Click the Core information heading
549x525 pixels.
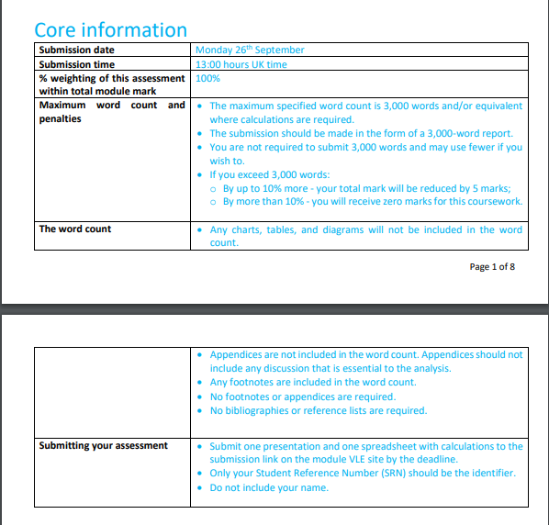click(110, 29)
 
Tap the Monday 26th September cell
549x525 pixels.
click(250, 50)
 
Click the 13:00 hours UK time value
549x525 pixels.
click(241, 64)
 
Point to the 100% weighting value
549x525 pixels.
click(208, 78)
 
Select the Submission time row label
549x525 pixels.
click(77, 64)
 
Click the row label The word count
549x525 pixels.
click(75, 229)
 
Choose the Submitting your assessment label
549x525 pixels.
click(104, 446)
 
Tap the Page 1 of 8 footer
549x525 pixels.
click(492, 267)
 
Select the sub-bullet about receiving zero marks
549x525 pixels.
click(372, 202)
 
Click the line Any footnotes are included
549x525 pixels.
click(312, 383)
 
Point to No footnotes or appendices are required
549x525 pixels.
click(302, 397)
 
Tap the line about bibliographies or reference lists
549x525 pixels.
click(318, 410)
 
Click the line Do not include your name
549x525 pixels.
click(268, 487)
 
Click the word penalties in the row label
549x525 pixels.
click(61, 119)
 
